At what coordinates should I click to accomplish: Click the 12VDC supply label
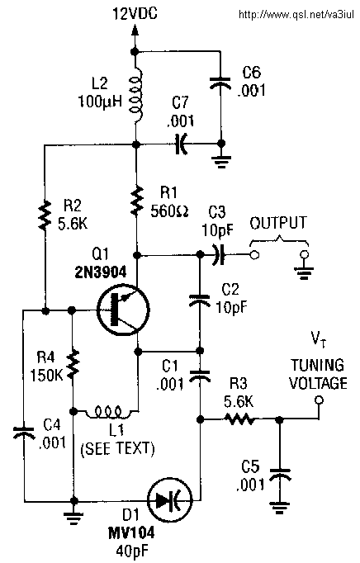pos(135,14)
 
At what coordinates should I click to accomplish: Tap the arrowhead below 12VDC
pos(135,30)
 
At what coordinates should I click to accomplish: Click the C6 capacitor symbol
pos(220,83)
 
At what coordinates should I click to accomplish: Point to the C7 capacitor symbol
pos(182,144)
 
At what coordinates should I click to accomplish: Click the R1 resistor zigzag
pos(136,201)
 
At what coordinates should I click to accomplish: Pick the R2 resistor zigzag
pos(45,215)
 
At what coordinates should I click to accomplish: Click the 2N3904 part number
pos(101,272)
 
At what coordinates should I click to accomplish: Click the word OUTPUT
pos(278,223)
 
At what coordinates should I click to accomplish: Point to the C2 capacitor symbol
pos(199,300)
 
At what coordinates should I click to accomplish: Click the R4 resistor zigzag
pos(73,363)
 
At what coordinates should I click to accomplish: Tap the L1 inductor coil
pos(109,412)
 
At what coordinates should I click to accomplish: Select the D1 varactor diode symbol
pos(170,499)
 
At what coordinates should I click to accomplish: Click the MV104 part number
pos(131,533)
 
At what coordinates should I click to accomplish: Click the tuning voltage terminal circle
pos(319,400)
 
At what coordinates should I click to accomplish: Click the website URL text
pos(296,15)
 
